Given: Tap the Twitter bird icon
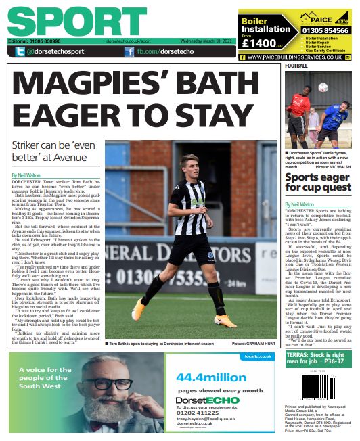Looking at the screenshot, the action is point(16,51).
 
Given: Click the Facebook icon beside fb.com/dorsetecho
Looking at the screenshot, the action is point(129,51).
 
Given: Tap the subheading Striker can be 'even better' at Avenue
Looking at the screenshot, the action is point(55,152).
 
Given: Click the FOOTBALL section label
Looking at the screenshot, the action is point(296,66).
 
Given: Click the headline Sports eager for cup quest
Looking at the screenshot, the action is point(317,182).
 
